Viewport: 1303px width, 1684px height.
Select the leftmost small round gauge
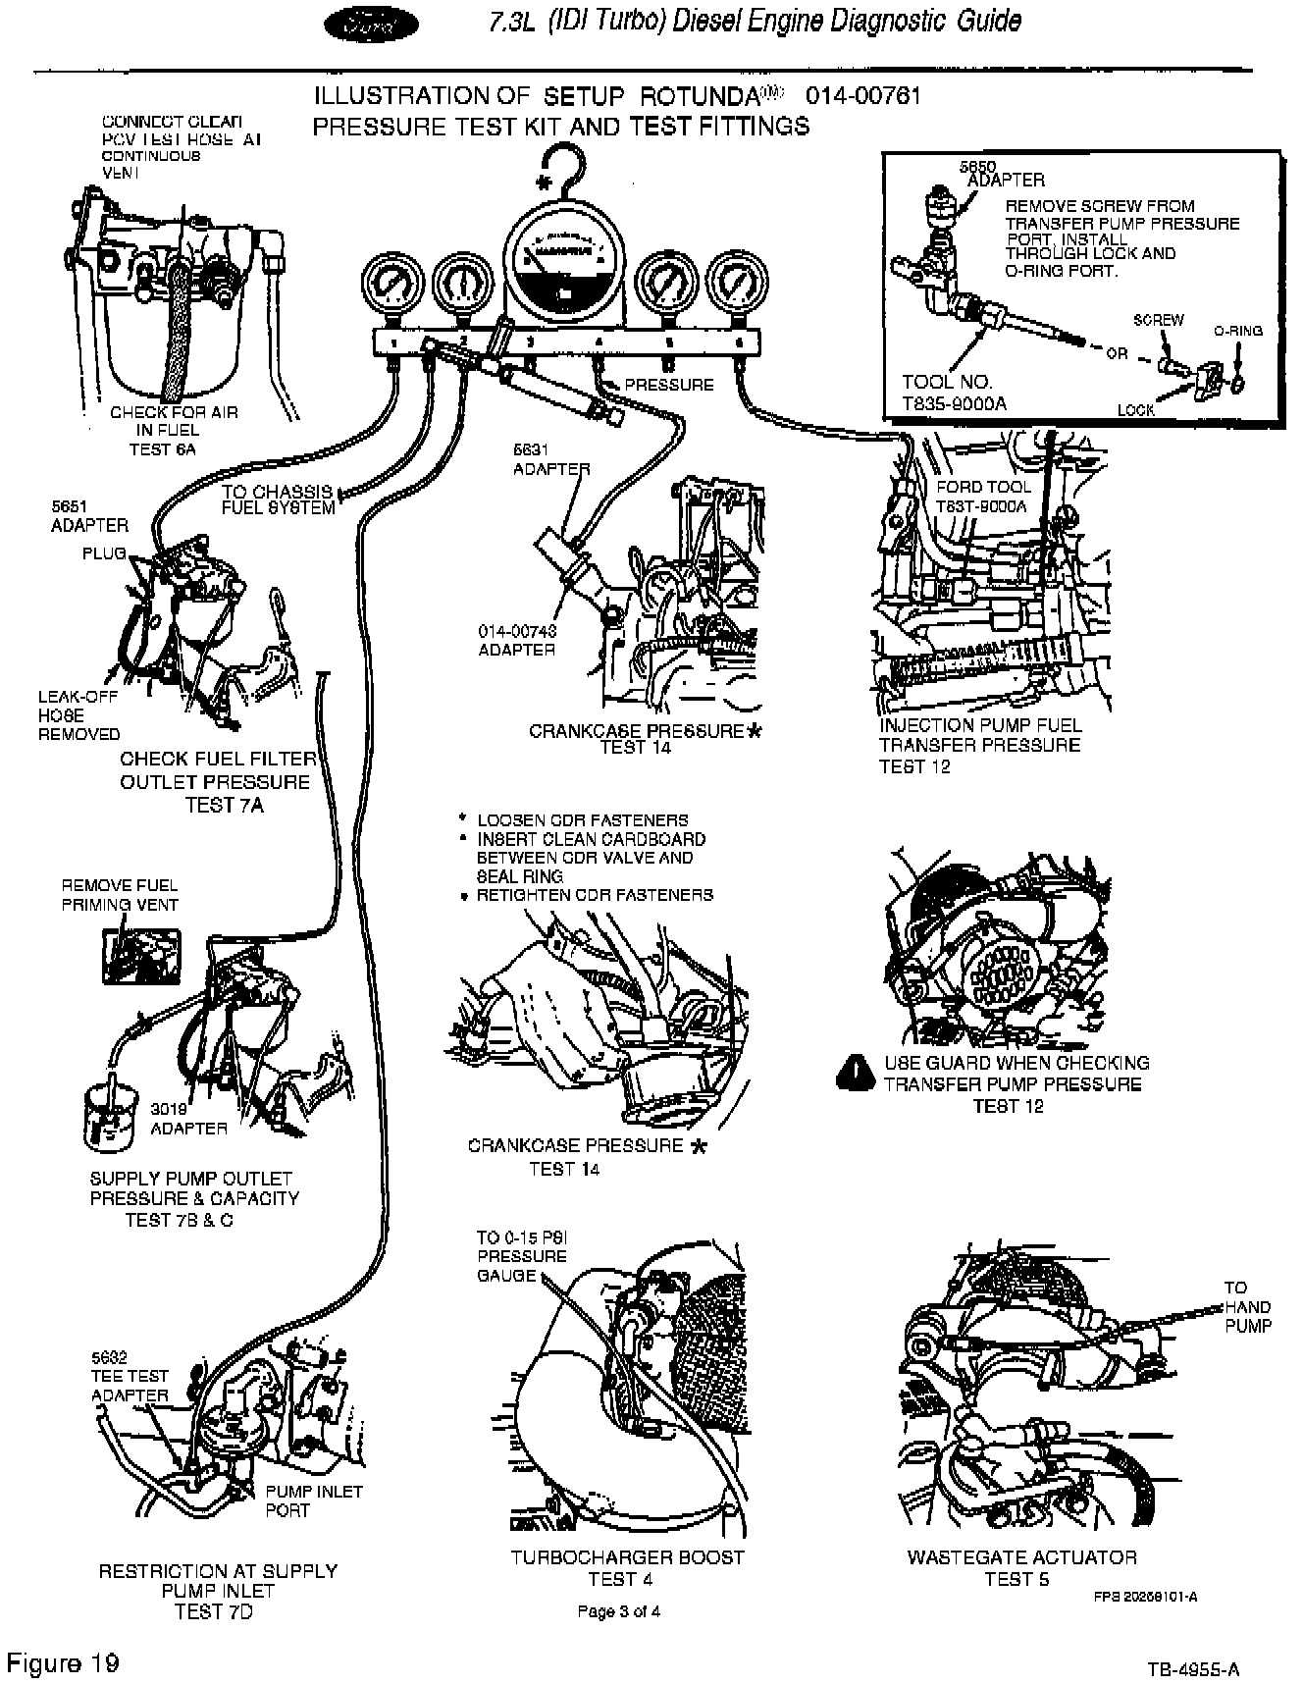pos(391,284)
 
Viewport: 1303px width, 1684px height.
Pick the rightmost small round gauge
pos(734,284)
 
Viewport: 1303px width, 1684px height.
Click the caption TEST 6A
pos(162,449)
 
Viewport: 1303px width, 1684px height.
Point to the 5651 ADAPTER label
pos(89,516)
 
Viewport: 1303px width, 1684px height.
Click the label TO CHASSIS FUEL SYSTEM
pos(278,500)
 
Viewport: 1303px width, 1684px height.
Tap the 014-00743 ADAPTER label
pos(517,640)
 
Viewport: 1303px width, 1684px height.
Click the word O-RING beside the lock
pos(1237,331)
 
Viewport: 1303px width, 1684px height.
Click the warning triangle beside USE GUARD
pos(855,1073)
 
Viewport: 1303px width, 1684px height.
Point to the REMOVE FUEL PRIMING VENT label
pos(120,895)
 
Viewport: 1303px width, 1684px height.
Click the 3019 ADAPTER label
pos(188,1119)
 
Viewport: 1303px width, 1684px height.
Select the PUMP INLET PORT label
pos(313,1500)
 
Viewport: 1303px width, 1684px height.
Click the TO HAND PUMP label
pos(1247,1306)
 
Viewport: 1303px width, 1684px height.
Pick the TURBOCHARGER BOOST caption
pos(627,1556)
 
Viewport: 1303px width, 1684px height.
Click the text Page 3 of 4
pos(618,1611)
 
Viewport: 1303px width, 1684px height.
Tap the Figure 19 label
pos(63,1662)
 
